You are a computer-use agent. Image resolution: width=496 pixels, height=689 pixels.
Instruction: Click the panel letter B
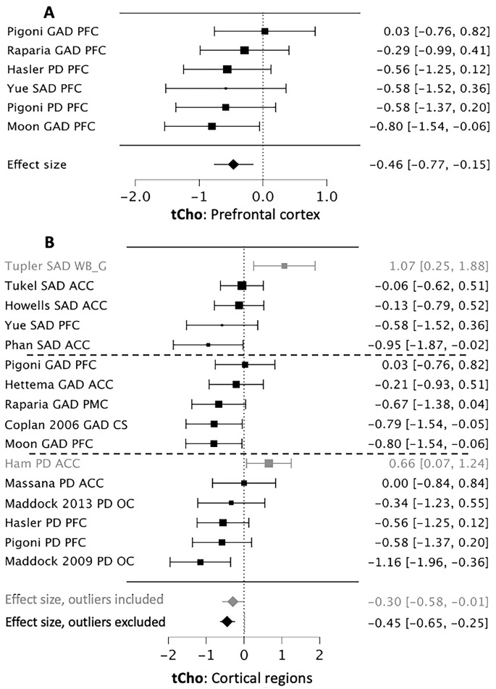[x=49, y=242]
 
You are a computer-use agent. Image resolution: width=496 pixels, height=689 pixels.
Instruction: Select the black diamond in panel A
[x=233, y=164]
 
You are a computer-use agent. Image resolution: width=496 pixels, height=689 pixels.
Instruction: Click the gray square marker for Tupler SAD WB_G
[x=284, y=267]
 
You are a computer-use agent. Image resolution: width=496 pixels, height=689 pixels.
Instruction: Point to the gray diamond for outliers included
[x=232, y=601]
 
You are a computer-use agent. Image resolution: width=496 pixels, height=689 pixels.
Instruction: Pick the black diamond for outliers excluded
[x=227, y=621]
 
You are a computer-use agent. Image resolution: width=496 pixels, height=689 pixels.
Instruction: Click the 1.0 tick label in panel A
[x=327, y=196]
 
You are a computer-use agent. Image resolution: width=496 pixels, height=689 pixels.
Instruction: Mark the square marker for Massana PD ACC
[x=244, y=483]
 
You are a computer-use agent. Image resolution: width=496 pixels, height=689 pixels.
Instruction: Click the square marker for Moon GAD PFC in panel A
[x=211, y=126]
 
